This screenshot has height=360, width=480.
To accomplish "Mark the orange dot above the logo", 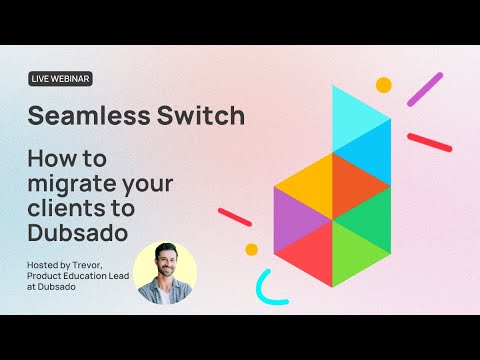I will (x=383, y=85).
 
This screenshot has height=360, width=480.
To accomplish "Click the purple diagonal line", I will (x=425, y=89).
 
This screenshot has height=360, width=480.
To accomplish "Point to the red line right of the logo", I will (x=430, y=142).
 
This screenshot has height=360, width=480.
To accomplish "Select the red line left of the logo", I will (x=235, y=217).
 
